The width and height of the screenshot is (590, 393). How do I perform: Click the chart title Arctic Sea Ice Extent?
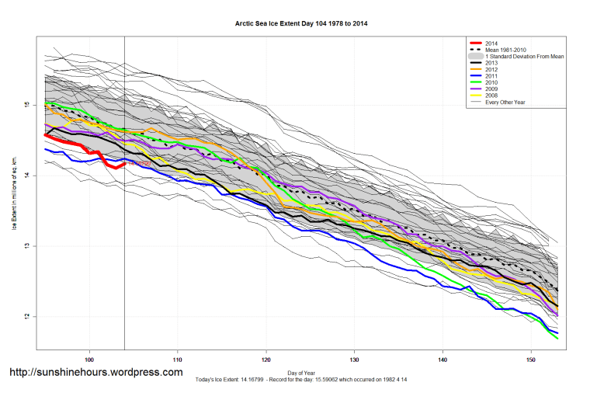(x=301, y=23)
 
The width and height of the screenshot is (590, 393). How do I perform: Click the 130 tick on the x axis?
(x=354, y=360)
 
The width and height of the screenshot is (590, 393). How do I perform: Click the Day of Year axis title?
(x=301, y=370)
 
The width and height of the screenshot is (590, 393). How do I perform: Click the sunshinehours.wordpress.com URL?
(x=95, y=373)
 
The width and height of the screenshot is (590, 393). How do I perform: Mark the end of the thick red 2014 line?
(x=125, y=162)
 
